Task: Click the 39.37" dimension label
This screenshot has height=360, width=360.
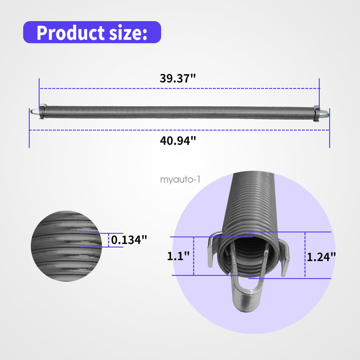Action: [178, 79]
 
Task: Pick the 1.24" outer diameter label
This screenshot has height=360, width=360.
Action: [321, 256]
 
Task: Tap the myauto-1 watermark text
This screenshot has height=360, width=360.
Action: [180, 180]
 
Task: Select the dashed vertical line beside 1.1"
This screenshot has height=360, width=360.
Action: [193, 256]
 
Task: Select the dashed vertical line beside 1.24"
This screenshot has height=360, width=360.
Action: [305, 255]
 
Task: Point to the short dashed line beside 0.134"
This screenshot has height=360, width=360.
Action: [108, 240]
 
